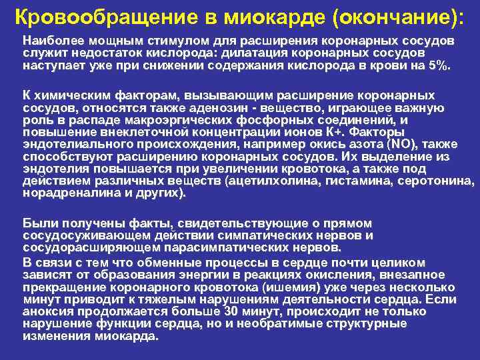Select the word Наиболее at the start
[49, 41]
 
